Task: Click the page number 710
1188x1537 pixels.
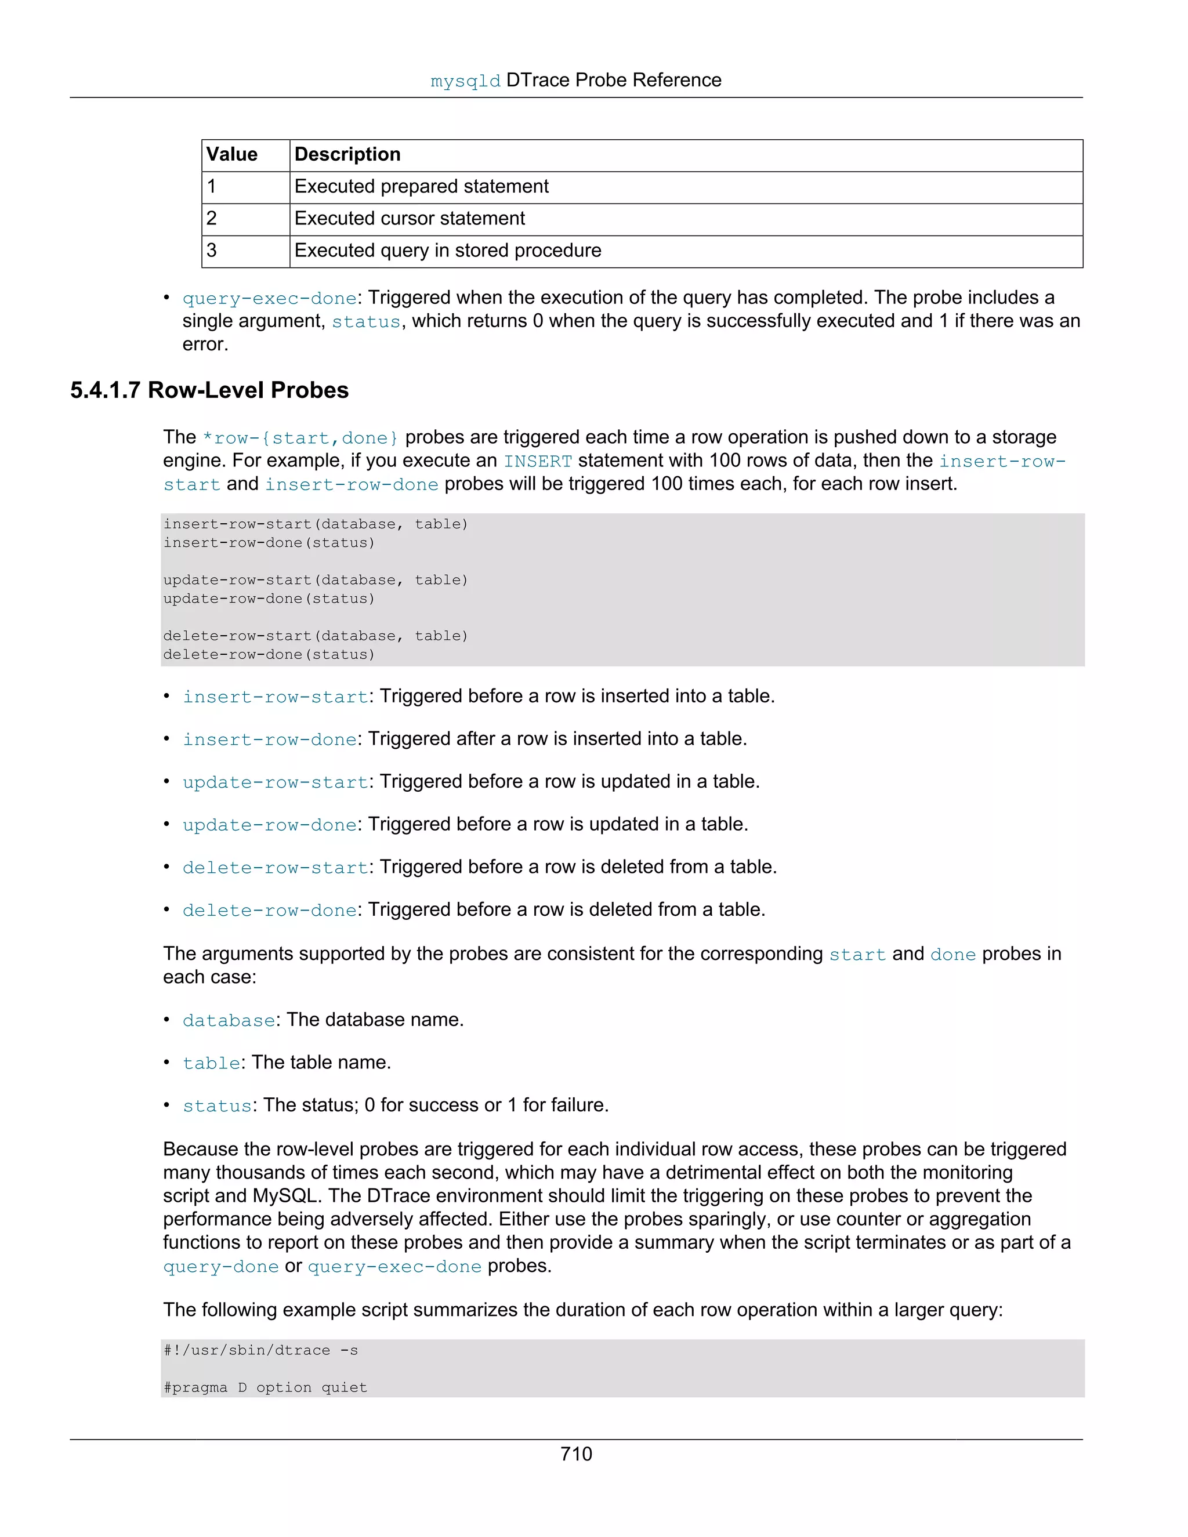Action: pyautogui.click(x=575, y=1454)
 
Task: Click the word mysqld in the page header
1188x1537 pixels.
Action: pyautogui.click(x=465, y=82)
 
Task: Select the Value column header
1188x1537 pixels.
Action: pyautogui.click(x=231, y=155)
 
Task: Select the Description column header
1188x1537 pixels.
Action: pyautogui.click(x=347, y=155)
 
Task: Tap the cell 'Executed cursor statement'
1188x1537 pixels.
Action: pyautogui.click(x=409, y=219)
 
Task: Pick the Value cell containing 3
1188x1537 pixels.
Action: pyautogui.click(x=212, y=251)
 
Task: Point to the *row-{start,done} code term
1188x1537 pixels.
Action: pyautogui.click(x=300, y=438)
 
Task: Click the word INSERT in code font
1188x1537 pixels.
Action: pyautogui.click(x=538, y=462)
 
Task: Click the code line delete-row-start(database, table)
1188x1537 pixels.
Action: pyautogui.click(x=316, y=636)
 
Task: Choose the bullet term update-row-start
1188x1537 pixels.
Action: pyautogui.click(x=274, y=782)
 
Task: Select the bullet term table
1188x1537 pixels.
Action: pyautogui.click(x=211, y=1063)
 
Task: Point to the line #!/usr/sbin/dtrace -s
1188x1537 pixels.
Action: pyautogui.click(x=260, y=1350)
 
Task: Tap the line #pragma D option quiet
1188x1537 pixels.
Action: pyautogui.click(x=265, y=1388)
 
